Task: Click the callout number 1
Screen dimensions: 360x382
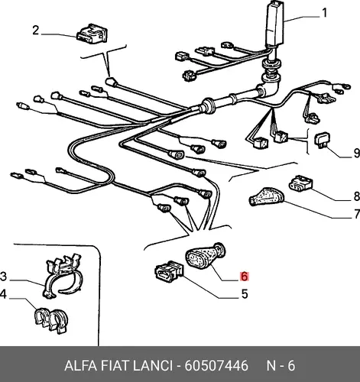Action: (324, 13)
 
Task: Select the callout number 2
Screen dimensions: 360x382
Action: (36, 31)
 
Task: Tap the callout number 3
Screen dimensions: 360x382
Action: (3, 277)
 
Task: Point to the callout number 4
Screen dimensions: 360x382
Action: (3, 294)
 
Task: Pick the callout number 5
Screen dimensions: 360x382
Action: (245, 294)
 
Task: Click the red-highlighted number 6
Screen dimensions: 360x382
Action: (244, 277)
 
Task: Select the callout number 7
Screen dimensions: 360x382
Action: (356, 214)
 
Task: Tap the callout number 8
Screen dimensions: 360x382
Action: (356, 196)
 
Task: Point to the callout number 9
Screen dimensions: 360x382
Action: (356, 154)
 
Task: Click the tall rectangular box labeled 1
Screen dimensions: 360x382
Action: (275, 24)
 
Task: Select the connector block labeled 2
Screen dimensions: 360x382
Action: (92, 34)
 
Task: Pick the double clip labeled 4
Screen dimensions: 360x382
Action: (52, 319)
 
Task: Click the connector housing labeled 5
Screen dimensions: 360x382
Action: (169, 272)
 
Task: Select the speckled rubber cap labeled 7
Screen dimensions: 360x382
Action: (267, 197)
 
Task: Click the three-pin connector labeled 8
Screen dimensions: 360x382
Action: (300, 183)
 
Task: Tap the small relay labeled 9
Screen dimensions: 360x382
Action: (323, 140)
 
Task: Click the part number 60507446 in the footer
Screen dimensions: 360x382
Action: (216, 366)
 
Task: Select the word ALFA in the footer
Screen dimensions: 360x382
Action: (81, 366)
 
